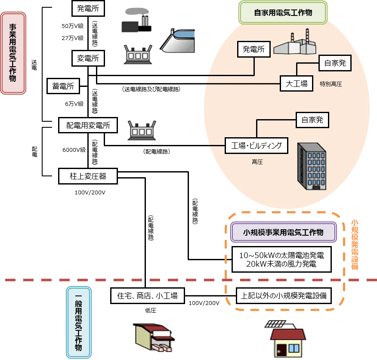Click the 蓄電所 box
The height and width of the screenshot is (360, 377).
(x=63, y=86)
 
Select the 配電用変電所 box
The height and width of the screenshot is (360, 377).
(x=88, y=125)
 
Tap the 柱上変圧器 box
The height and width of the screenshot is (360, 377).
(x=88, y=176)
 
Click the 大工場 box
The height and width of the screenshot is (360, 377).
(x=297, y=83)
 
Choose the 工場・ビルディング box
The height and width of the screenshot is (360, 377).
(x=256, y=146)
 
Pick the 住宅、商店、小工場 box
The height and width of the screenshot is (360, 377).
(x=147, y=295)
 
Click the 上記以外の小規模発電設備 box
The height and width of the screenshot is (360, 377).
(x=284, y=295)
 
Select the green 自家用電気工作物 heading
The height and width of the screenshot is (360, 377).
(x=283, y=12)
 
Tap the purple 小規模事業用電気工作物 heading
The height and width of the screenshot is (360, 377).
(x=283, y=232)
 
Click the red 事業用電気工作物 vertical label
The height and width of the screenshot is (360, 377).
(x=13, y=53)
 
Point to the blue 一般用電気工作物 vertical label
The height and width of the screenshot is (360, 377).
(x=79, y=322)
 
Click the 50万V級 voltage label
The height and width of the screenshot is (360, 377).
(x=73, y=26)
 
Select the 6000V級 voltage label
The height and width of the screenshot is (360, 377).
(x=74, y=150)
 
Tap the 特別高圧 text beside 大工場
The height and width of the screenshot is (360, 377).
(x=331, y=84)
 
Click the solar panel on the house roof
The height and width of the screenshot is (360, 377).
(x=275, y=324)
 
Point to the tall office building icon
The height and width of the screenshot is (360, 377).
(x=312, y=166)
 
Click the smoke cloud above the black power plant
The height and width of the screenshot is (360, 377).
(x=137, y=12)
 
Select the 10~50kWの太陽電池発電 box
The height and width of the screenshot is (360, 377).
(x=281, y=259)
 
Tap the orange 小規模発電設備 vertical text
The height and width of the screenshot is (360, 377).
(x=355, y=244)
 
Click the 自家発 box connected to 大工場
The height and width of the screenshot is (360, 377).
(x=335, y=63)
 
